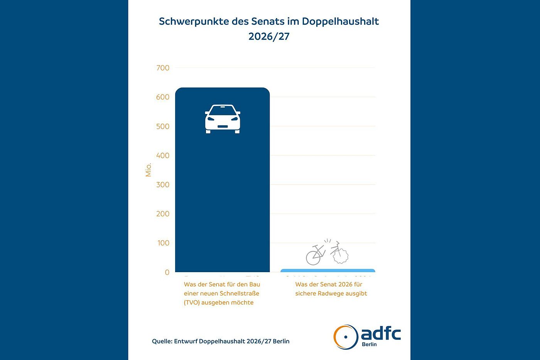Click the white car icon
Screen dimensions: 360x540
pos(223,119)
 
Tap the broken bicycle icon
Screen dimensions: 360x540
pos(327,252)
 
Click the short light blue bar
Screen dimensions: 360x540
pos(327,271)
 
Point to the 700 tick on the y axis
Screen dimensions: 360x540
pos(163,68)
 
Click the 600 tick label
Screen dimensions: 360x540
pos(163,97)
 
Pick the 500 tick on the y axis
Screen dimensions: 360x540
pos(163,126)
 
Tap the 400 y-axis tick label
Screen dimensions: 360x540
pos(163,156)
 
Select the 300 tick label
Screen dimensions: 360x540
pos(163,185)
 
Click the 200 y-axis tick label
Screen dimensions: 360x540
pos(163,214)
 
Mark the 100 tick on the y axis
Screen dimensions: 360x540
pos(163,243)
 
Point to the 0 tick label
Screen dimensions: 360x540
pos(167,273)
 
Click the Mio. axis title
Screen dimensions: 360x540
pos(148,170)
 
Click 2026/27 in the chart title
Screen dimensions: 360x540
pos(269,37)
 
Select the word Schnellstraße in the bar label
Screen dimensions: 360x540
pos(240,294)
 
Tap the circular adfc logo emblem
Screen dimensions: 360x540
pos(346,337)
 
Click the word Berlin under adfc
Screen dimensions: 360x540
pos(369,344)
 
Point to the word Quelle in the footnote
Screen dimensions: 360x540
pos(162,341)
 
